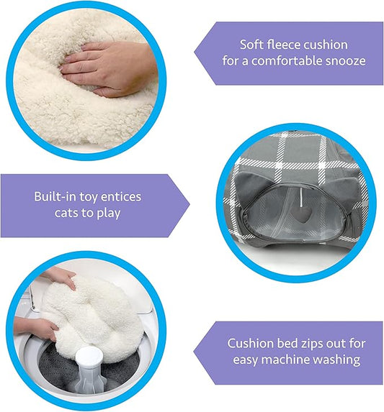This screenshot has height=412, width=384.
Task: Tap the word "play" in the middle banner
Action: tap(109, 214)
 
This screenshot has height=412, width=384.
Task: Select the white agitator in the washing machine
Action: tap(89, 370)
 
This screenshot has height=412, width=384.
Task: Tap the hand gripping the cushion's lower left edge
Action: tap(37, 329)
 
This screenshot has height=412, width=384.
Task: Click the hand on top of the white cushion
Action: tap(60, 278)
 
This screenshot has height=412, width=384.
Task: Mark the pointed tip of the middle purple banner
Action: tap(189, 204)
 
